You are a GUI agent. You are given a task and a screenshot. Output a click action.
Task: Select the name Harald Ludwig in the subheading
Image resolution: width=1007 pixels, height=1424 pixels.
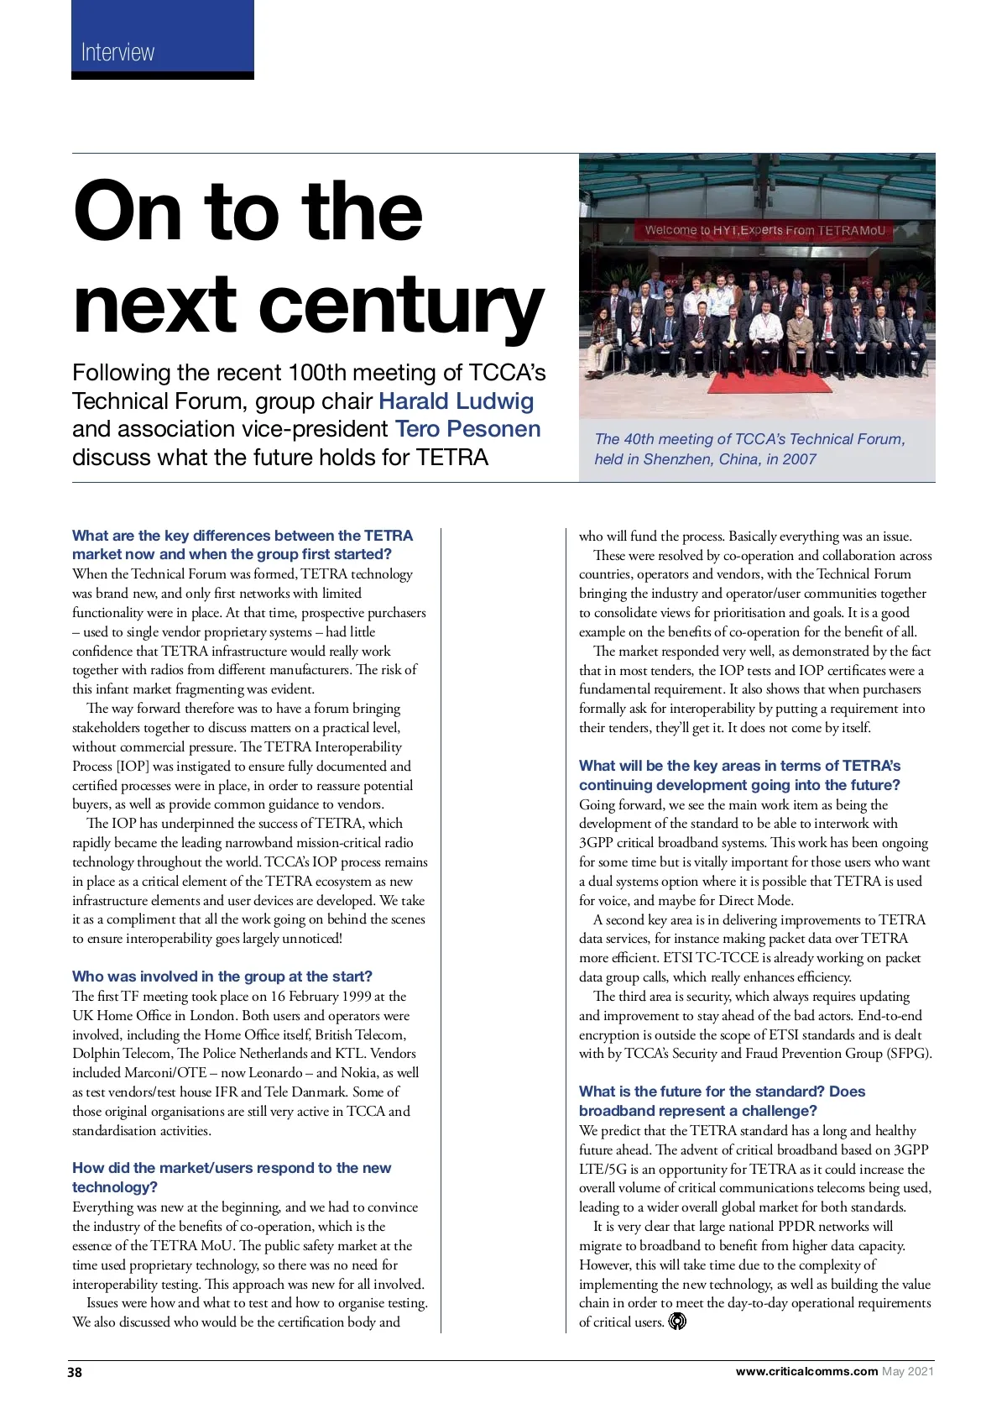click(x=457, y=400)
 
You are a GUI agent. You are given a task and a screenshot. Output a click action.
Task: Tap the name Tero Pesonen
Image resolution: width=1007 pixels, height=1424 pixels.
click(x=467, y=429)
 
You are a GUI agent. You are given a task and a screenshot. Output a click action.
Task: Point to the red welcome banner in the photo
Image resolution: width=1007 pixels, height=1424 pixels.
click(x=764, y=230)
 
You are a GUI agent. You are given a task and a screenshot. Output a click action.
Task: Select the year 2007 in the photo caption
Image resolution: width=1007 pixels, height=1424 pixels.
click(x=799, y=459)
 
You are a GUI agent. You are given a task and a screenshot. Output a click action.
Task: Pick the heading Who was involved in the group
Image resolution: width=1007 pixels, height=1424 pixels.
click(x=222, y=976)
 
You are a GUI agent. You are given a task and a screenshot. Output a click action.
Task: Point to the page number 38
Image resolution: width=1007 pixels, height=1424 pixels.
click(x=75, y=1372)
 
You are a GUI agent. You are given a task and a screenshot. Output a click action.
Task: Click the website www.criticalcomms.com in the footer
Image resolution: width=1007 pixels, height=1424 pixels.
click(x=806, y=1372)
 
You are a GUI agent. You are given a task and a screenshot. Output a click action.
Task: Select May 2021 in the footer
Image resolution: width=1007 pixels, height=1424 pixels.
click(x=908, y=1372)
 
